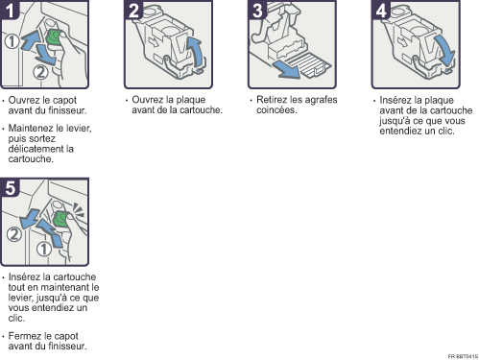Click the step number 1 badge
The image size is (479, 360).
pos(10,10)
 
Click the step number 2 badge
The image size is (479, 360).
pos(133,10)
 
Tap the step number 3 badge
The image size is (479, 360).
pos(257,10)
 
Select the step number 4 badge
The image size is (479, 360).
pos(381,10)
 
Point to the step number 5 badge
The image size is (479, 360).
pos(10,187)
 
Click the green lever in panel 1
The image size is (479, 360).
pos(55,36)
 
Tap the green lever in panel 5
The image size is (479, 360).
pos(60,219)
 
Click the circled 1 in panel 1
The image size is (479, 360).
pos(12,41)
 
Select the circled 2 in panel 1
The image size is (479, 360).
pos(40,72)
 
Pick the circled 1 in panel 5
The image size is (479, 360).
pos(44,249)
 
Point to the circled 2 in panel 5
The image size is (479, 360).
pos(14,234)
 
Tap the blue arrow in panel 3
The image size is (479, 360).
pos(286,70)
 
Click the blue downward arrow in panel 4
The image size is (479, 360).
pos(445,50)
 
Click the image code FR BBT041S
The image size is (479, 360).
pos(463,356)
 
